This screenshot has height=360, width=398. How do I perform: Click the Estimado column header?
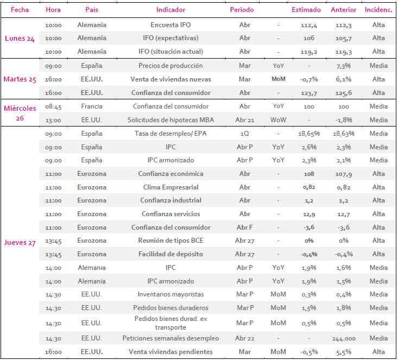click(x=306, y=10)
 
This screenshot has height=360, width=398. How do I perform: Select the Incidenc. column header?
click(x=378, y=10)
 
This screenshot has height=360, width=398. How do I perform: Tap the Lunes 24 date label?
click(x=20, y=39)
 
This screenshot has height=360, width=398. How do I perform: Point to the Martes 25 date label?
click(x=20, y=79)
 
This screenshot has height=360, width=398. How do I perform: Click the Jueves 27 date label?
click(x=20, y=243)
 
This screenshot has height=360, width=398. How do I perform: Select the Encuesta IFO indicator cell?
click(x=170, y=25)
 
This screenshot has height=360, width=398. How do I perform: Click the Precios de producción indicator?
click(x=170, y=66)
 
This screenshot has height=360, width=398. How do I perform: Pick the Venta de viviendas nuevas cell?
click(x=170, y=79)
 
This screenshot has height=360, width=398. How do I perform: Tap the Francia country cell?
click(x=92, y=106)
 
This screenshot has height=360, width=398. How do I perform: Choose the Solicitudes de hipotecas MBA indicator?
click(x=170, y=120)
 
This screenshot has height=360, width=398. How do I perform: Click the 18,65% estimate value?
click(x=309, y=134)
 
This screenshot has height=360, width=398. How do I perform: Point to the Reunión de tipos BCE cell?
click(x=170, y=241)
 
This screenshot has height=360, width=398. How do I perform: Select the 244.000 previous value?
click(x=344, y=338)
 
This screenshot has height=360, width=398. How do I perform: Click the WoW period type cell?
click(x=278, y=120)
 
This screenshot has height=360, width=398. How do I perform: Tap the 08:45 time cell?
click(x=53, y=106)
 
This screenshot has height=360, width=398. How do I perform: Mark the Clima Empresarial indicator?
click(x=170, y=187)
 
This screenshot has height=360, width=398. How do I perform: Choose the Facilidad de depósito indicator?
click(x=170, y=254)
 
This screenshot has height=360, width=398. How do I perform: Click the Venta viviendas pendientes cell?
click(x=170, y=352)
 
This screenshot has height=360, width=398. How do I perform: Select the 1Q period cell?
click(x=244, y=134)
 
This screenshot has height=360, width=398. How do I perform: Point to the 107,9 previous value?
click(x=344, y=174)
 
